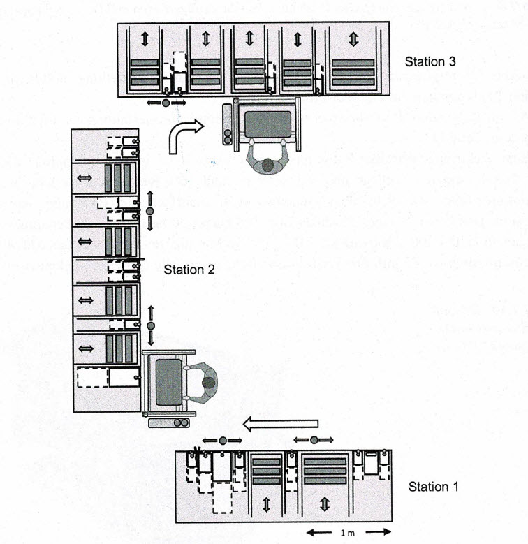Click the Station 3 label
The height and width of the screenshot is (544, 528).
[x=430, y=61]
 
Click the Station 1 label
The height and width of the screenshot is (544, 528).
[x=433, y=486]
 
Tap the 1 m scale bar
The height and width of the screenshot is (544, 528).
[x=342, y=533]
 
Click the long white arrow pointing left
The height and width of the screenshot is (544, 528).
[x=281, y=422]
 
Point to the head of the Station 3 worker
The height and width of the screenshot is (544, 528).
[x=267, y=166]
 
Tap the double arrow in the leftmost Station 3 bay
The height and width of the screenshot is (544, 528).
[x=145, y=39]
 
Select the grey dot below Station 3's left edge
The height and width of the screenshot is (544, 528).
[x=166, y=103]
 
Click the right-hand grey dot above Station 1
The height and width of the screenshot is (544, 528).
[x=314, y=439]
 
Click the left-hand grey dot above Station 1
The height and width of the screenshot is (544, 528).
[x=223, y=440]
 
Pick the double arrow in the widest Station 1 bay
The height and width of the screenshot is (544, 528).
[x=324, y=503]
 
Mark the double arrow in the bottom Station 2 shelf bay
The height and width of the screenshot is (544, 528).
[x=85, y=347]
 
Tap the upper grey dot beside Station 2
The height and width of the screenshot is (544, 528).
[x=149, y=211]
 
